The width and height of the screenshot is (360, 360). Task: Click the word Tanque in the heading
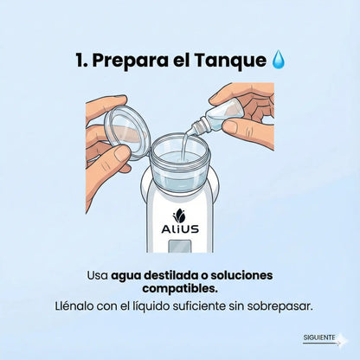pyautogui.click(x=230, y=61)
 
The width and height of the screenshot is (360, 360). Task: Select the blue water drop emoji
pyautogui.click(x=278, y=61)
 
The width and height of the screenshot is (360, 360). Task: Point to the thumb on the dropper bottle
pyautogui.click(x=228, y=127)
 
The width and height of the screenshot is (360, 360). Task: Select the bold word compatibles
pyautogui.click(x=180, y=288)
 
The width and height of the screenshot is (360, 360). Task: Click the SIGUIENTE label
pyautogui.click(x=319, y=337)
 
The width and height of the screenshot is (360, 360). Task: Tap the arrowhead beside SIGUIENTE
pyautogui.click(x=344, y=339)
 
